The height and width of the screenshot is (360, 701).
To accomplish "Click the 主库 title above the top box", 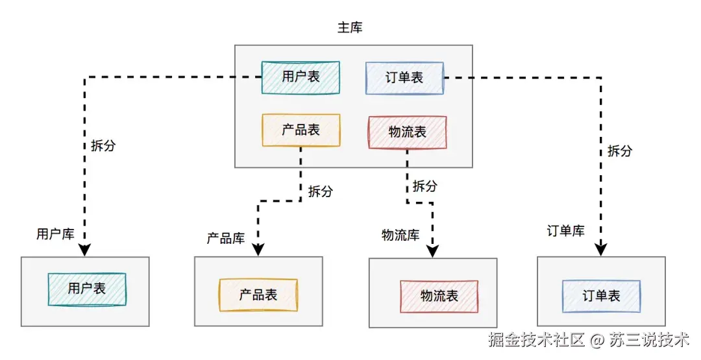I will click(x=350, y=28).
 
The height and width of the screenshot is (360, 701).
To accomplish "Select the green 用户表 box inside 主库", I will click(x=301, y=77).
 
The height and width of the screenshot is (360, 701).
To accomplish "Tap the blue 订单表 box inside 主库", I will click(x=404, y=78).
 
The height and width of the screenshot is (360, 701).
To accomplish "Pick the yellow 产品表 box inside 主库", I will click(x=301, y=130).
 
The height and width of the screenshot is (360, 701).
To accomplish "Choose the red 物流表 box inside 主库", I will click(x=407, y=132).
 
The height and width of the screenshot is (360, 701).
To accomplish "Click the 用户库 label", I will click(x=55, y=234).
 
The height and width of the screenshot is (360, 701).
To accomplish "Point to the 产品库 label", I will click(x=225, y=238).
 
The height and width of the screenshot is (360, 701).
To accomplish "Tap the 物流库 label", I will click(x=400, y=235).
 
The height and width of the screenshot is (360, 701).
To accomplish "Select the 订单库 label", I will click(x=565, y=231).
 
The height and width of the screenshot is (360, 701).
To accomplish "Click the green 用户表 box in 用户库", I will click(x=87, y=289).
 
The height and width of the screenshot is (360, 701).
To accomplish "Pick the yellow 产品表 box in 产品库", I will click(x=258, y=295).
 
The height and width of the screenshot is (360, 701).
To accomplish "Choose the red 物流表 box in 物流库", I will click(x=439, y=296).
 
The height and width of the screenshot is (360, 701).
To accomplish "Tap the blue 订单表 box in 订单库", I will click(x=601, y=296).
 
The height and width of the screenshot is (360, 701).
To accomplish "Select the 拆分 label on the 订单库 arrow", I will click(x=619, y=150).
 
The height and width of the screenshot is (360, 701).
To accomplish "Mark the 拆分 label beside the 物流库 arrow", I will click(x=424, y=186).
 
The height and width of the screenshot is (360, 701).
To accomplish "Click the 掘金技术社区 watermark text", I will click(x=537, y=339).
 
